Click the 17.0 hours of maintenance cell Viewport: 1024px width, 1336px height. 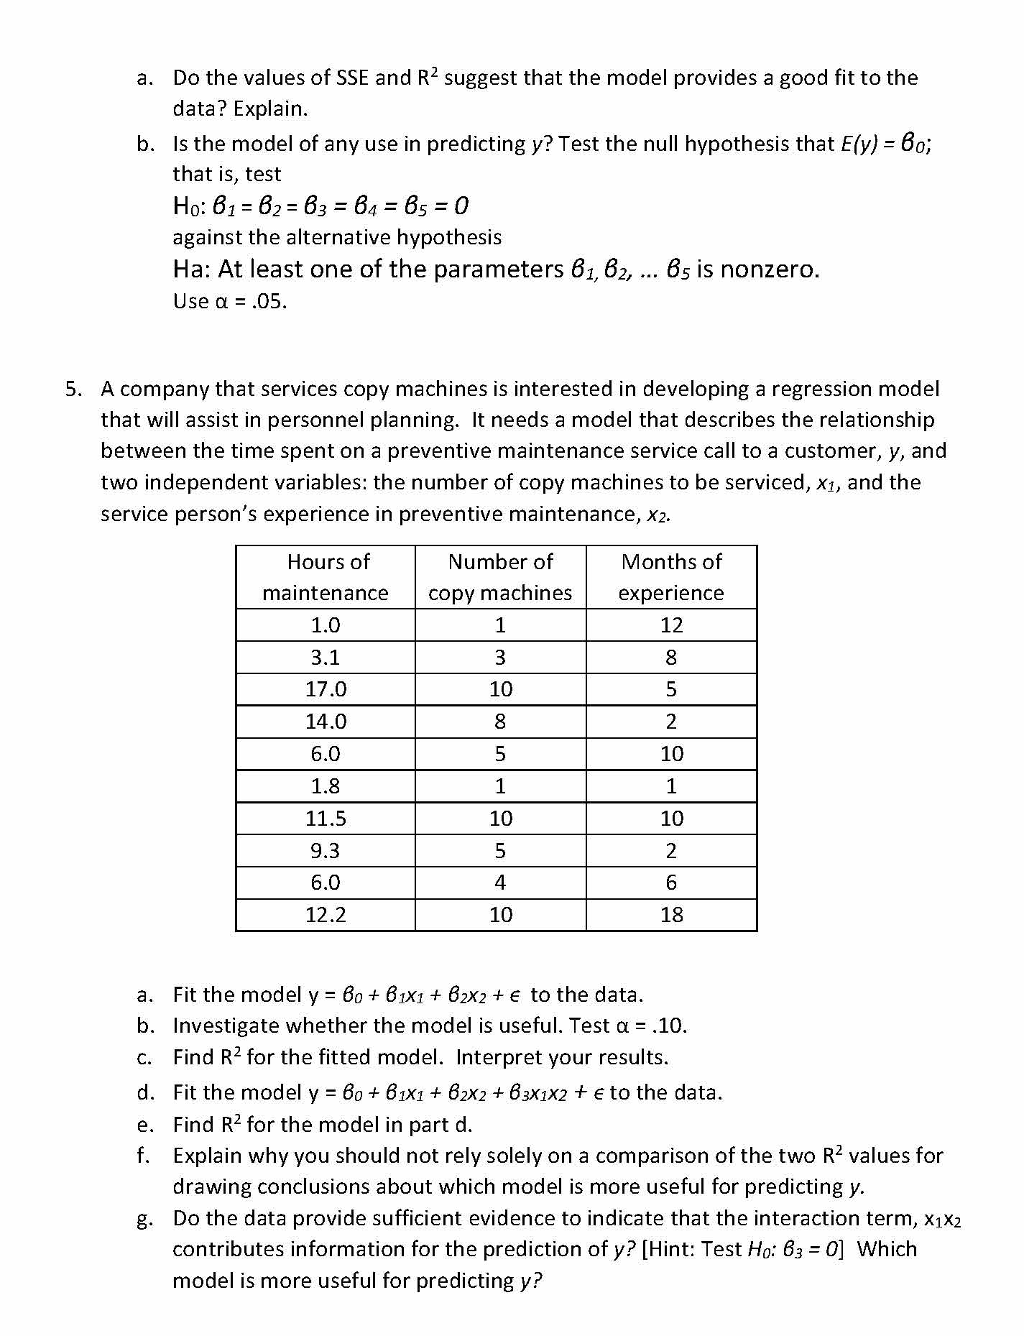[326, 689]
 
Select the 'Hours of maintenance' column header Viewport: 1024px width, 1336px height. [326, 577]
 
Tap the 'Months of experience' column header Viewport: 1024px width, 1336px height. [671, 577]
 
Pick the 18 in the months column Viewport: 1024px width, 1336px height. [671, 915]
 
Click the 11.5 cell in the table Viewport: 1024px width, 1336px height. [326, 819]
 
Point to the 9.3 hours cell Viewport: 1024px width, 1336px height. [326, 851]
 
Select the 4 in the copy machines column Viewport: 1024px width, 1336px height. [500, 883]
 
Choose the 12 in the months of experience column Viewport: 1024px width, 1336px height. [671, 625]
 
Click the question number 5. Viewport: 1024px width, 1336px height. [73, 390]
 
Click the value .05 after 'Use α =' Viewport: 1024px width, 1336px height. [269, 301]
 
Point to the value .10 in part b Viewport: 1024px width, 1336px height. [668, 1026]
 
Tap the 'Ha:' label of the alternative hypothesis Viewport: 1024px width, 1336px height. [192, 269]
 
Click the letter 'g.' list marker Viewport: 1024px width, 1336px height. [144, 1219]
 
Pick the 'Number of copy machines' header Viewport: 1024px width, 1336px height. [500, 577]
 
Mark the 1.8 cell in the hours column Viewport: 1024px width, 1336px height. [326, 786]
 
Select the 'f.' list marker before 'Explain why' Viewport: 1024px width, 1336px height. [144, 1156]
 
